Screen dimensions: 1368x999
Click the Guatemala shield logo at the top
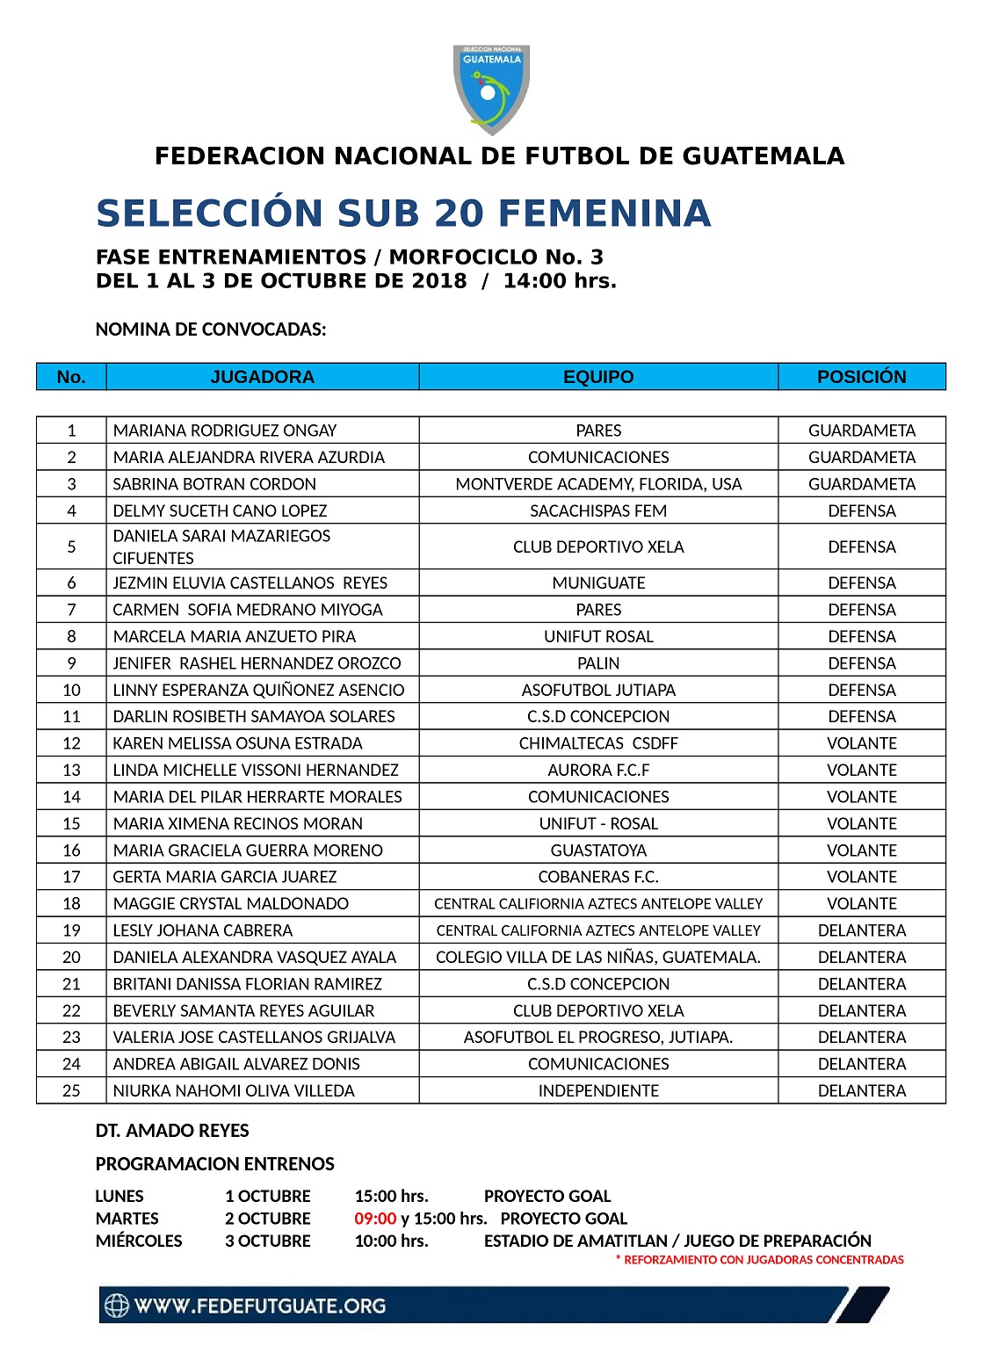click(491, 89)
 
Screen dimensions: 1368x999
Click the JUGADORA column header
click(262, 377)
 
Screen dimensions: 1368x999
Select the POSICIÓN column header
click(861, 377)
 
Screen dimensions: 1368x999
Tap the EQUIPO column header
click(598, 377)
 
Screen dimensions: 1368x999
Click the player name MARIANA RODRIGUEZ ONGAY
click(225, 431)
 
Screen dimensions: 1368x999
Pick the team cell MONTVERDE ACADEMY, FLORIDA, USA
click(598, 484)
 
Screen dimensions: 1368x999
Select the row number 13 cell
click(71, 771)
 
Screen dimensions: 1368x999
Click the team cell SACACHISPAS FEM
click(598, 511)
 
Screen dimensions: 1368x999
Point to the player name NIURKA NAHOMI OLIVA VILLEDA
click(234, 1091)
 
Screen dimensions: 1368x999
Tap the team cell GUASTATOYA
click(598, 850)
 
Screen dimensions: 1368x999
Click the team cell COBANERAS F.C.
click(598, 877)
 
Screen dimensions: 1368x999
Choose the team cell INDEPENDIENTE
click(598, 1091)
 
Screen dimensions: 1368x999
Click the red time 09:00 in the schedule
click(375, 1219)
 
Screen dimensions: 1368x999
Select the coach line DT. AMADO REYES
click(172, 1131)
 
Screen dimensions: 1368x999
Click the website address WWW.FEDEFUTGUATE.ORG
click(260, 1306)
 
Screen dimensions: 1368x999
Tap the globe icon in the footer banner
click(117, 1306)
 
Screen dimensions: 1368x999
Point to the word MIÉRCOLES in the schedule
click(139, 1241)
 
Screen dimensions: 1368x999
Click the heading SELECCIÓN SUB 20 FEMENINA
click(403, 214)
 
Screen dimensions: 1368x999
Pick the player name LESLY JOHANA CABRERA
click(203, 930)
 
